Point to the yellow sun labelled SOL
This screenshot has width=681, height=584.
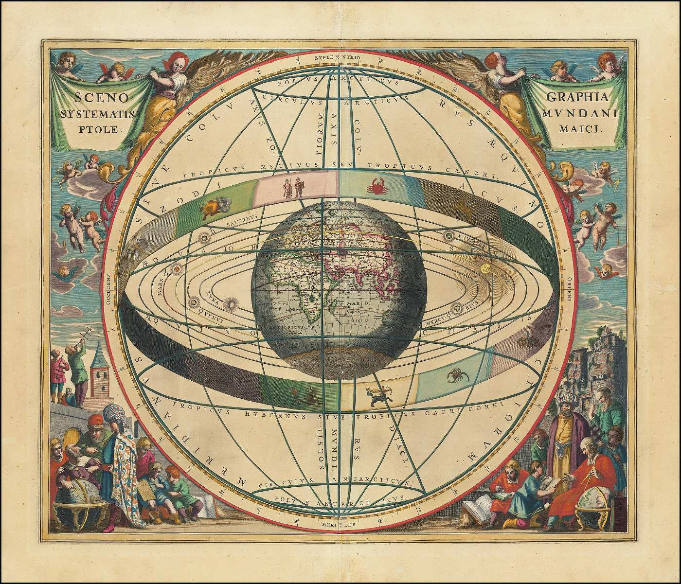point(485,268)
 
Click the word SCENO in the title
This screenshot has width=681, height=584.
point(101,98)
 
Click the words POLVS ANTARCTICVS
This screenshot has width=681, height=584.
point(339,499)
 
